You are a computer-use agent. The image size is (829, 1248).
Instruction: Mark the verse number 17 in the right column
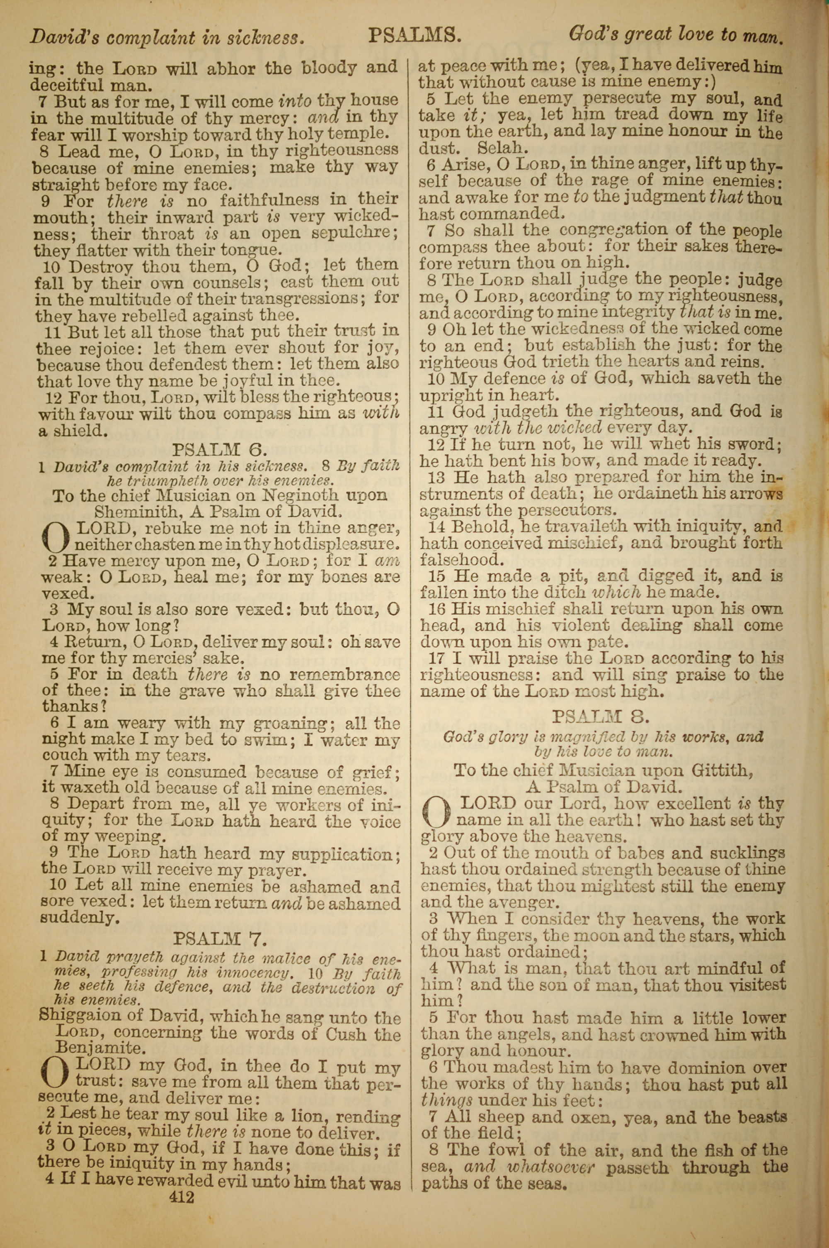[x=436, y=659]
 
